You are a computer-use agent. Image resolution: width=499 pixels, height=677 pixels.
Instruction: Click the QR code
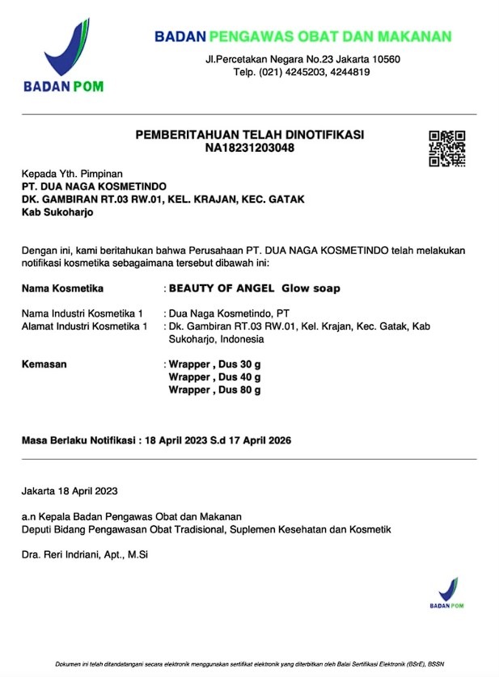446,148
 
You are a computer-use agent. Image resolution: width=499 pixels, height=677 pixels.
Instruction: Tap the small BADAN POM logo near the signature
448,594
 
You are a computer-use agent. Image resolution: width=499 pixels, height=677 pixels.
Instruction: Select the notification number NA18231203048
249,148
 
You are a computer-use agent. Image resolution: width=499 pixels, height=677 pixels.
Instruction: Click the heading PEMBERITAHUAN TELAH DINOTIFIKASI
249,134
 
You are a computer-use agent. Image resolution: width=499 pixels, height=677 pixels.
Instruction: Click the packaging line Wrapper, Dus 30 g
214,364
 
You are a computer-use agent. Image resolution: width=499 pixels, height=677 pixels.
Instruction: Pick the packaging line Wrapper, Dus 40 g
214,377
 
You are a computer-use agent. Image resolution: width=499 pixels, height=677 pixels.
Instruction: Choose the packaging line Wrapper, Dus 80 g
214,390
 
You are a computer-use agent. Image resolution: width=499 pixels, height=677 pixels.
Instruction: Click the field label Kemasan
44,364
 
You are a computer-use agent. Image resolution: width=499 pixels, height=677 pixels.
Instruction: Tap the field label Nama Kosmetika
62,288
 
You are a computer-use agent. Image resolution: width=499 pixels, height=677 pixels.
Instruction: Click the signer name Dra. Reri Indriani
85,554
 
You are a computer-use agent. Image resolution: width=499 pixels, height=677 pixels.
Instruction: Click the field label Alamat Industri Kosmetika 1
84,326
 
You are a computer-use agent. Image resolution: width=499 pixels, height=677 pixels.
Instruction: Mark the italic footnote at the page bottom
249,664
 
